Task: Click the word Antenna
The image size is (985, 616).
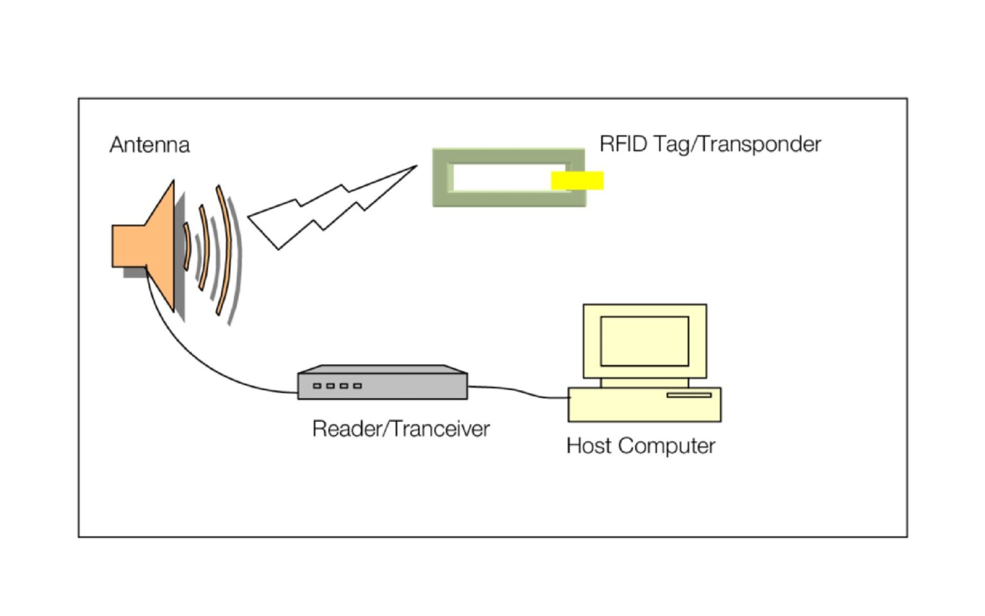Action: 149,145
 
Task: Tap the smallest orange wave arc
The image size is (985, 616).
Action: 187,246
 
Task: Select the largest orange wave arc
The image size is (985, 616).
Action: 224,250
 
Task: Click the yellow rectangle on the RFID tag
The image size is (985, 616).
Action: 577,181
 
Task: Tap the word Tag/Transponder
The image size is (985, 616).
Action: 737,144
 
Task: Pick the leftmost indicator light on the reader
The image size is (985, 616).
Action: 317,386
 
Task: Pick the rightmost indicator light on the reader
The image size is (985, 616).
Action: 358,386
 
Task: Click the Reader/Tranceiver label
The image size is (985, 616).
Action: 401,429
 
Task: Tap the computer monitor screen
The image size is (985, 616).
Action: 644,341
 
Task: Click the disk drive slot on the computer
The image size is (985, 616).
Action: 689,395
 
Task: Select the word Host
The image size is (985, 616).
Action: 589,445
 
